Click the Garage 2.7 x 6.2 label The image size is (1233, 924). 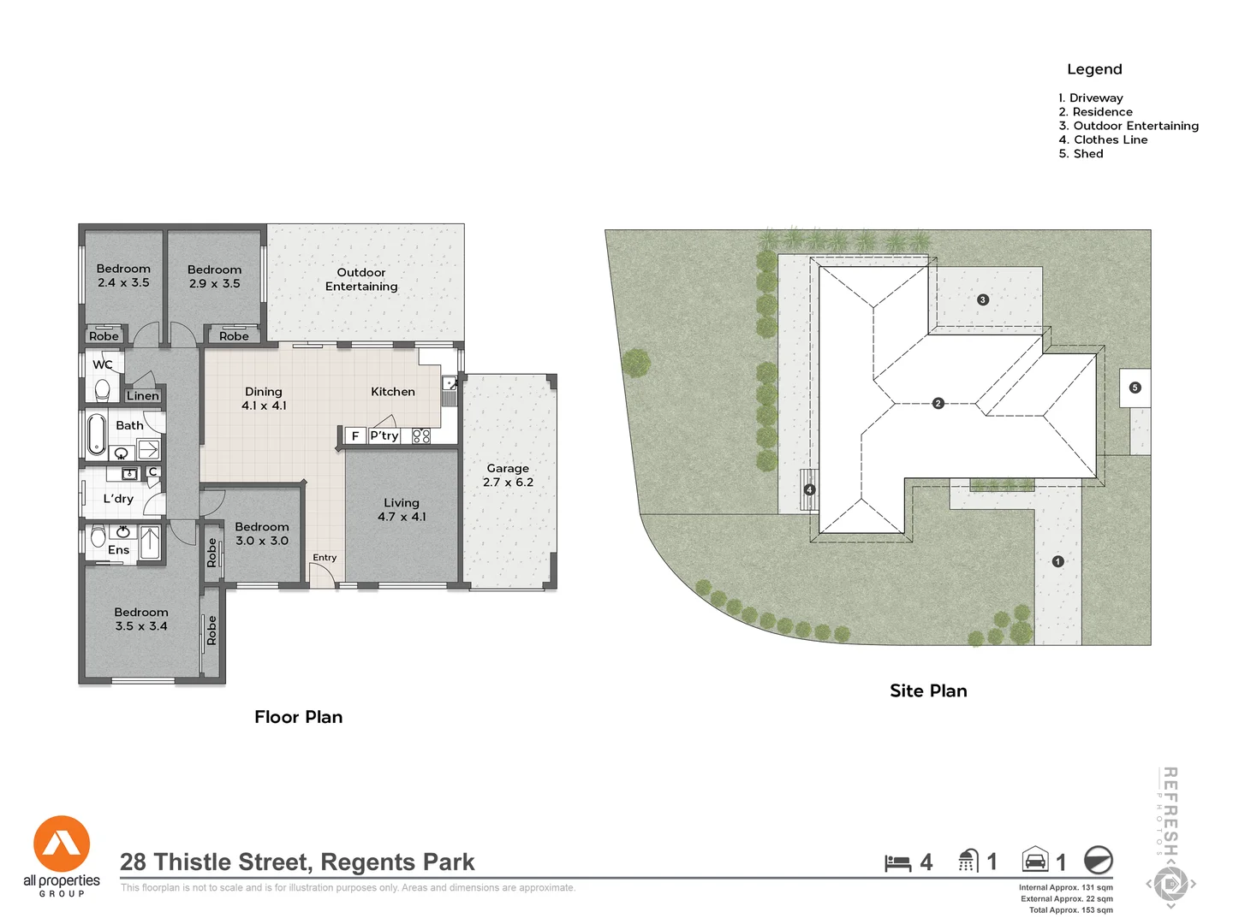(x=508, y=476)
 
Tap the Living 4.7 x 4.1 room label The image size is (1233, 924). (x=401, y=510)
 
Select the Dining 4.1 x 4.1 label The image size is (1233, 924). (x=264, y=399)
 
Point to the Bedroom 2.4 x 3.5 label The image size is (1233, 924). (x=123, y=275)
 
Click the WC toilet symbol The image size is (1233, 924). (x=103, y=390)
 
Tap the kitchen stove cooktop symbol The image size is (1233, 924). (x=421, y=435)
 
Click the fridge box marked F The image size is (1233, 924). (x=355, y=435)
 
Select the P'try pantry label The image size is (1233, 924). (x=384, y=435)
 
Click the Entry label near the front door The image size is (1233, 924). (x=325, y=558)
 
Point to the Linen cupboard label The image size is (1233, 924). (x=143, y=395)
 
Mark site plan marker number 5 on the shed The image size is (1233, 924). (x=1135, y=388)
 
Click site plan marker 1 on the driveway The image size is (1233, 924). (x=1058, y=561)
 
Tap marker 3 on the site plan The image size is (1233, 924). (x=983, y=299)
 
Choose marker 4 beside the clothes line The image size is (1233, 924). (x=810, y=490)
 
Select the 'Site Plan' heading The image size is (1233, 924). (x=928, y=691)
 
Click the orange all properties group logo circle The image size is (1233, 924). (x=62, y=844)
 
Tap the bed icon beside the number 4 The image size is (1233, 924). (x=897, y=862)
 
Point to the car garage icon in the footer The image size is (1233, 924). (x=1035, y=860)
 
